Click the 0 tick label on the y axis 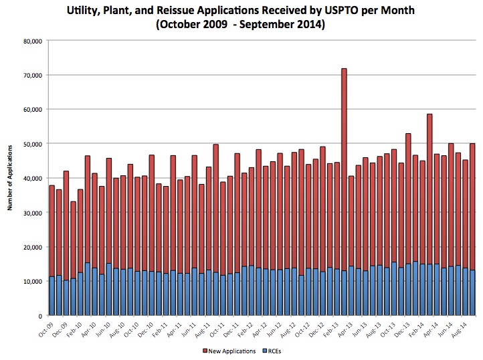(41, 316)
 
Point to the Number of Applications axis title (10, 178)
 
